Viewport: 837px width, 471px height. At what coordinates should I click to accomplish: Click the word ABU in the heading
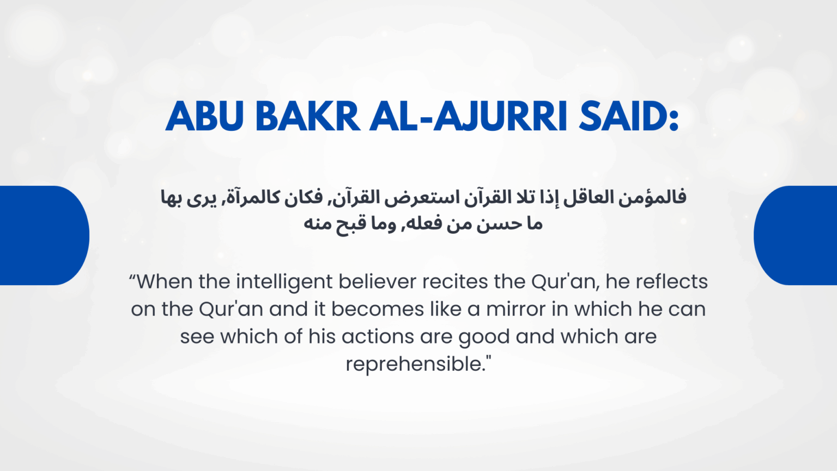click(x=204, y=116)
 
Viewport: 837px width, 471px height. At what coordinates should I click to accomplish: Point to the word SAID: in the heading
click(x=628, y=116)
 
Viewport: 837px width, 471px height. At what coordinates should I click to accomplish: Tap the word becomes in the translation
click(x=378, y=309)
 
